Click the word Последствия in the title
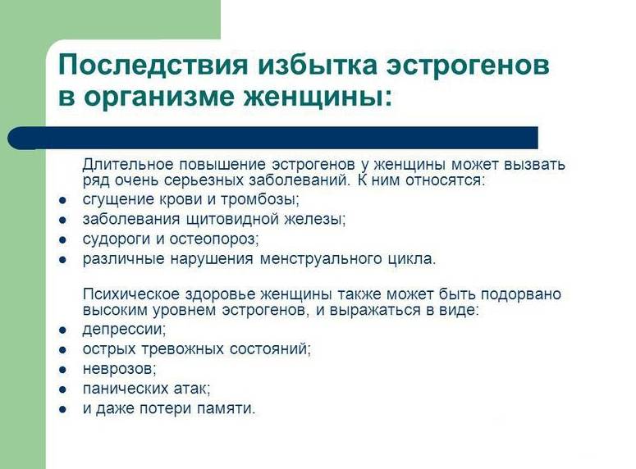tap(153, 65)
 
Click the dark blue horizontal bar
tap(272, 138)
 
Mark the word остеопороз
tap(213, 239)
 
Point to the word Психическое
tap(131, 294)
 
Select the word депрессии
tap(124, 329)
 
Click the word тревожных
tap(182, 349)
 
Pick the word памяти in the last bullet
tap(226, 408)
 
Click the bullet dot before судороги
tap(62, 240)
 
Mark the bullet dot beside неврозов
tap(62, 370)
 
